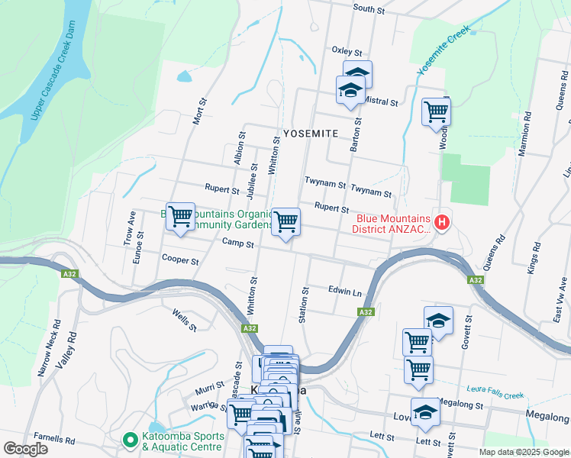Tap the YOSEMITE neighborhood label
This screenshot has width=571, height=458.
tap(311, 133)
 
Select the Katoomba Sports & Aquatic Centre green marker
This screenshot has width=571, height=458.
tap(131, 441)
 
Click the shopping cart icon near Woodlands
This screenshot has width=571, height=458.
tap(436, 111)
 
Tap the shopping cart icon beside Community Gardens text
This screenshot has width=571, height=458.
tap(180, 217)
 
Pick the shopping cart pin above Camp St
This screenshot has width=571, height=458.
tap(286, 222)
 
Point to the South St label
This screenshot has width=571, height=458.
tap(369, 8)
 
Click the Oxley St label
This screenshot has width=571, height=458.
tap(347, 51)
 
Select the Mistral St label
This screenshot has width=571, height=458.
tap(382, 102)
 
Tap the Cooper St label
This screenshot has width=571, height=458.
tap(180, 260)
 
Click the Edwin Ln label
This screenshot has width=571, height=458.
tap(344, 292)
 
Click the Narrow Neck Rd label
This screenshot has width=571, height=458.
tap(50, 353)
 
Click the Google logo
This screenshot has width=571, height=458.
tap(25, 448)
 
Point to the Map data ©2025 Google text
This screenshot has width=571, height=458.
tap(523, 452)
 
